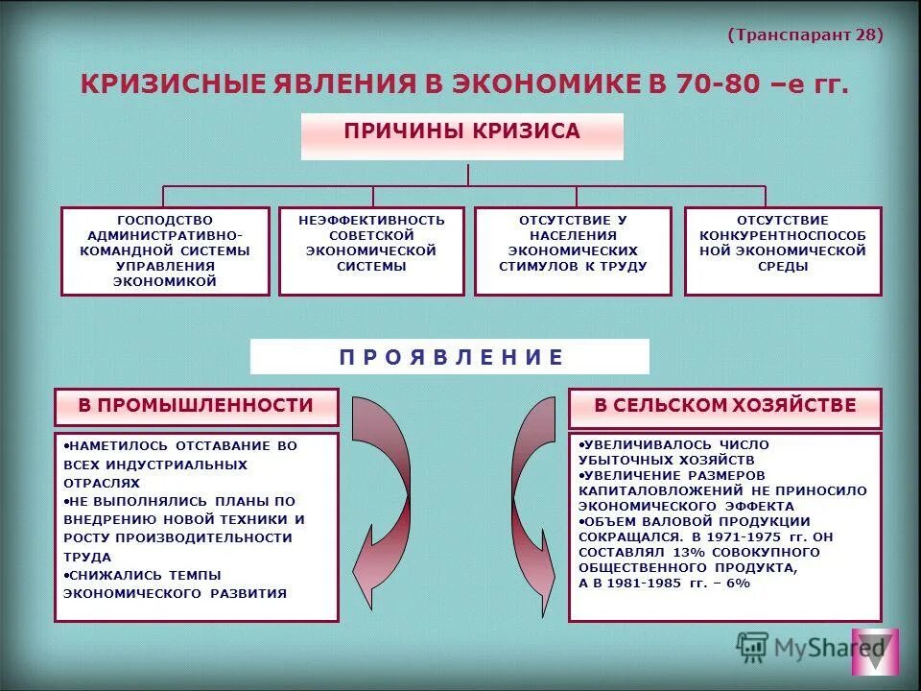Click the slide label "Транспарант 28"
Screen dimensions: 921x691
tap(805, 35)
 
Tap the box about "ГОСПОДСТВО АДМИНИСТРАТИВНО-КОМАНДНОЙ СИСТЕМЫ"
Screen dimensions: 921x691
tap(165, 250)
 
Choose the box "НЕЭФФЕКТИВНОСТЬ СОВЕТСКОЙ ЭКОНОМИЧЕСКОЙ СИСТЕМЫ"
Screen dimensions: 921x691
tap(370, 250)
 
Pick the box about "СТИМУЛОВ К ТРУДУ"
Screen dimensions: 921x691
tap(573, 250)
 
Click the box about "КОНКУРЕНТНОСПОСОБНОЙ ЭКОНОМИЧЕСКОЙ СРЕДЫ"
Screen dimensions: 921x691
tap(782, 250)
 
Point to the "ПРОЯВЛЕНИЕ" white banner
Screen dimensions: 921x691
tap(449, 357)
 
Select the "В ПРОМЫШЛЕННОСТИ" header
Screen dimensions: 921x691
tap(196, 406)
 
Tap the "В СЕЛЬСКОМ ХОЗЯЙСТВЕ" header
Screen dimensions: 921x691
tap(724, 406)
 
